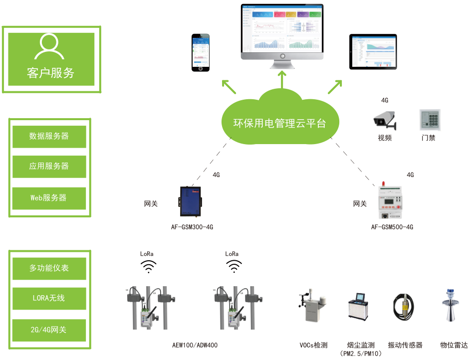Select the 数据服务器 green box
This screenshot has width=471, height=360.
point(49,136)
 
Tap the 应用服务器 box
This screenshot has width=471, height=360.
point(49,167)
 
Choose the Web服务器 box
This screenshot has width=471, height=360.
point(49,197)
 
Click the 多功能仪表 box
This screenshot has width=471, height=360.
point(49,268)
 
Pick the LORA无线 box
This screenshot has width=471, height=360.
point(49,298)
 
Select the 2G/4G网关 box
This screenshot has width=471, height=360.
point(49,330)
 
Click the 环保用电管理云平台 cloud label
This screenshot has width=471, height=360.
point(279,123)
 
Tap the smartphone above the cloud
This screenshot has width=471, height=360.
point(202,53)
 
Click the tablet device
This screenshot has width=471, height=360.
point(373,52)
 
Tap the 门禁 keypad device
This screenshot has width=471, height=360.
point(428,120)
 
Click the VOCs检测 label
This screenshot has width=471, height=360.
point(313,345)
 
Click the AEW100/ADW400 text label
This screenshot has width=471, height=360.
point(195,345)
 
